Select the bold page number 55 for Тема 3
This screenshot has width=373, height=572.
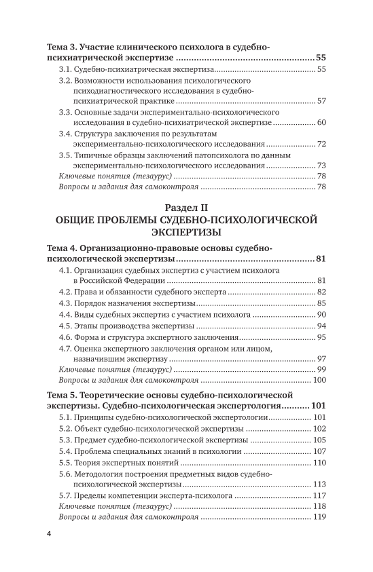[x=321, y=58]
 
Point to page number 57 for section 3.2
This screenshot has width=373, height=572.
[x=322, y=102]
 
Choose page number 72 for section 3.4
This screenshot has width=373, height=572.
[x=322, y=144]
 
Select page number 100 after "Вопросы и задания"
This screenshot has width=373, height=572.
[x=320, y=381]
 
